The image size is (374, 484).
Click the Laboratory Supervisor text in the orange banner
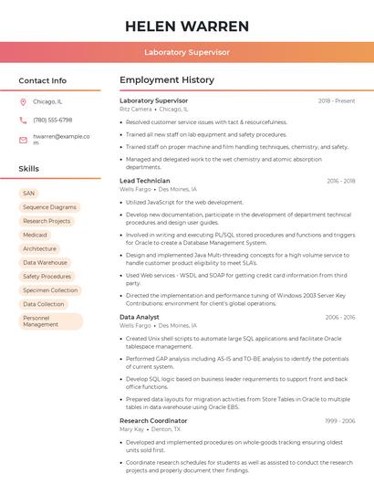[186, 52]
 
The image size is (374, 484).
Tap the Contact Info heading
[42, 80]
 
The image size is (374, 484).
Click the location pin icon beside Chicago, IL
[23, 101]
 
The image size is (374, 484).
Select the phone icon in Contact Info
[23, 120]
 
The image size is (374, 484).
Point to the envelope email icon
[23, 140]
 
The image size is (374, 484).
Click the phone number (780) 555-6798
[52, 120]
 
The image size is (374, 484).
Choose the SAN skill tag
[29, 193]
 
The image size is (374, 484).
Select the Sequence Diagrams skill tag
[49, 207]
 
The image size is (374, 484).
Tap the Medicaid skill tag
[35, 235]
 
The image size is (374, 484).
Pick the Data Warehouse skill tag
[45, 262]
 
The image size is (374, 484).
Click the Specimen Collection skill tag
[50, 289]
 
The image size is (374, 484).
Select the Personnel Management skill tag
[49, 321]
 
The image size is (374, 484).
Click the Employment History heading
[167, 80]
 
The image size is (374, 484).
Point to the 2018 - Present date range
[337, 100]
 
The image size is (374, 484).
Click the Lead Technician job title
[145, 181]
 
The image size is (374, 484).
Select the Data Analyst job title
[140, 317]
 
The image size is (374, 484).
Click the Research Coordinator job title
[154, 420]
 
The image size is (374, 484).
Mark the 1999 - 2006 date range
[340, 420]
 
